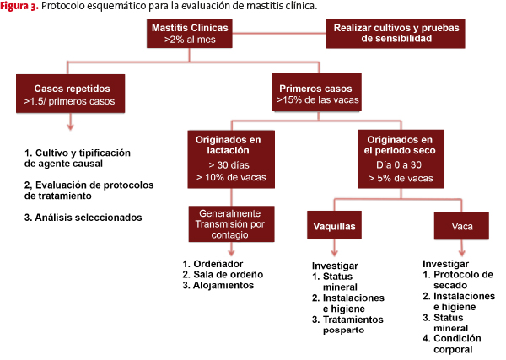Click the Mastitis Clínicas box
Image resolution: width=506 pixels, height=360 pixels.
[190, 34]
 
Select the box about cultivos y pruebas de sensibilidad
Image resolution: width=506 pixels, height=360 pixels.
[396, 34]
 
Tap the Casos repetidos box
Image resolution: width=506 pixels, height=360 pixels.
[70, 94]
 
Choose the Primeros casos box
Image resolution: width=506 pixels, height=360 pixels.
[316, 92]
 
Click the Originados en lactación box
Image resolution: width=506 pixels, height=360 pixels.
[231, 159]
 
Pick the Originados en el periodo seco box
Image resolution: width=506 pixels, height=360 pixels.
[401, 159]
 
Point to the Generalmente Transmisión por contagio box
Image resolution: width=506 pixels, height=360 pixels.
[231, 224]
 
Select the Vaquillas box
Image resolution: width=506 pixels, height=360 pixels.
[334, 225]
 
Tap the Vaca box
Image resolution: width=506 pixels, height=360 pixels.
[461, 226]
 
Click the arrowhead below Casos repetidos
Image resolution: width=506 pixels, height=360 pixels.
[70, 126]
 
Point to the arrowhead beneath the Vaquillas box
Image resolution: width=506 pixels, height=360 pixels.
[335, 253]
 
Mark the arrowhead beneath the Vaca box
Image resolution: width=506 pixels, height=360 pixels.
[462, 253]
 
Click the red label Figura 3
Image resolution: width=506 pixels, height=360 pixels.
[19, 6]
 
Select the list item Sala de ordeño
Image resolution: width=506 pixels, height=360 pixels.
[223, 275]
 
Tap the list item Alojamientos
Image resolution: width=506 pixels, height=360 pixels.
[218, 285]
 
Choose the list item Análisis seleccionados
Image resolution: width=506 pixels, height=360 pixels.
[83, 218]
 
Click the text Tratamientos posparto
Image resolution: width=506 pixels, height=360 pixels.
[347, 325]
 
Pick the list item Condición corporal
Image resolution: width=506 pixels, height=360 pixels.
[452, 344]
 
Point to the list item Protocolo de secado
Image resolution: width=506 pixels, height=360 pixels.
[458, 280]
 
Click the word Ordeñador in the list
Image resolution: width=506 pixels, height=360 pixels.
[213, 264]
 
